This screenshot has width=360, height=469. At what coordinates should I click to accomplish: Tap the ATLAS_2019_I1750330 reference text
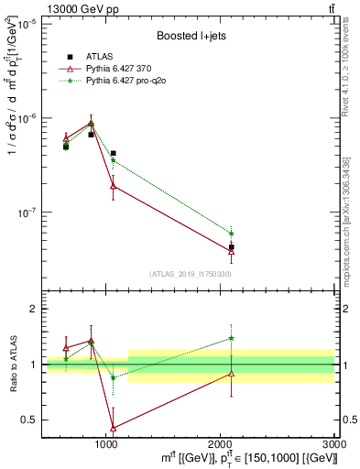[190, 274]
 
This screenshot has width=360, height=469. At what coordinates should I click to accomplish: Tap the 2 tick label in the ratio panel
[32, 309]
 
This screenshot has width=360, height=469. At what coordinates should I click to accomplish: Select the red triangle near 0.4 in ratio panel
[113, 428]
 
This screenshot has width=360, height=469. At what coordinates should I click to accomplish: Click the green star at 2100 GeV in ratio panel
[231, 338]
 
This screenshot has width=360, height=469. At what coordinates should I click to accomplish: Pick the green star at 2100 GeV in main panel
[231, 234]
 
